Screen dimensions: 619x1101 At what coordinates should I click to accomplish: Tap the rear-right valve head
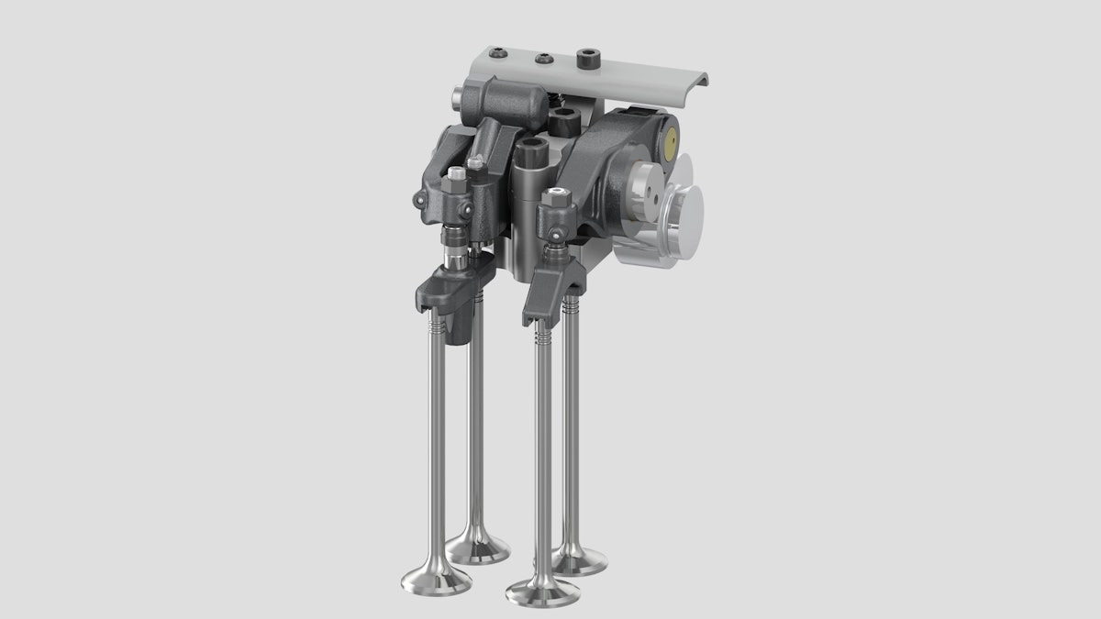coord(580,559)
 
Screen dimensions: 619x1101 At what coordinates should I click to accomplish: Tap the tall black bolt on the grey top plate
coord(585,61)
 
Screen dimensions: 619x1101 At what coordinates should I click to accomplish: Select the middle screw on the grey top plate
coord(542,59)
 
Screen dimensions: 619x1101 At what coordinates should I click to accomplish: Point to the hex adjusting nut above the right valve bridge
coord(553,196)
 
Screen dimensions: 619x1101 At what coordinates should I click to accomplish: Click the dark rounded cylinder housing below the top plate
coord(506,102)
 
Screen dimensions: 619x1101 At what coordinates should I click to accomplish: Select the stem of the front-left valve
coord(438,440)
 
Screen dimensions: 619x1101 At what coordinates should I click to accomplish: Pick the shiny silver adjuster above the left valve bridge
coord(451,244)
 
